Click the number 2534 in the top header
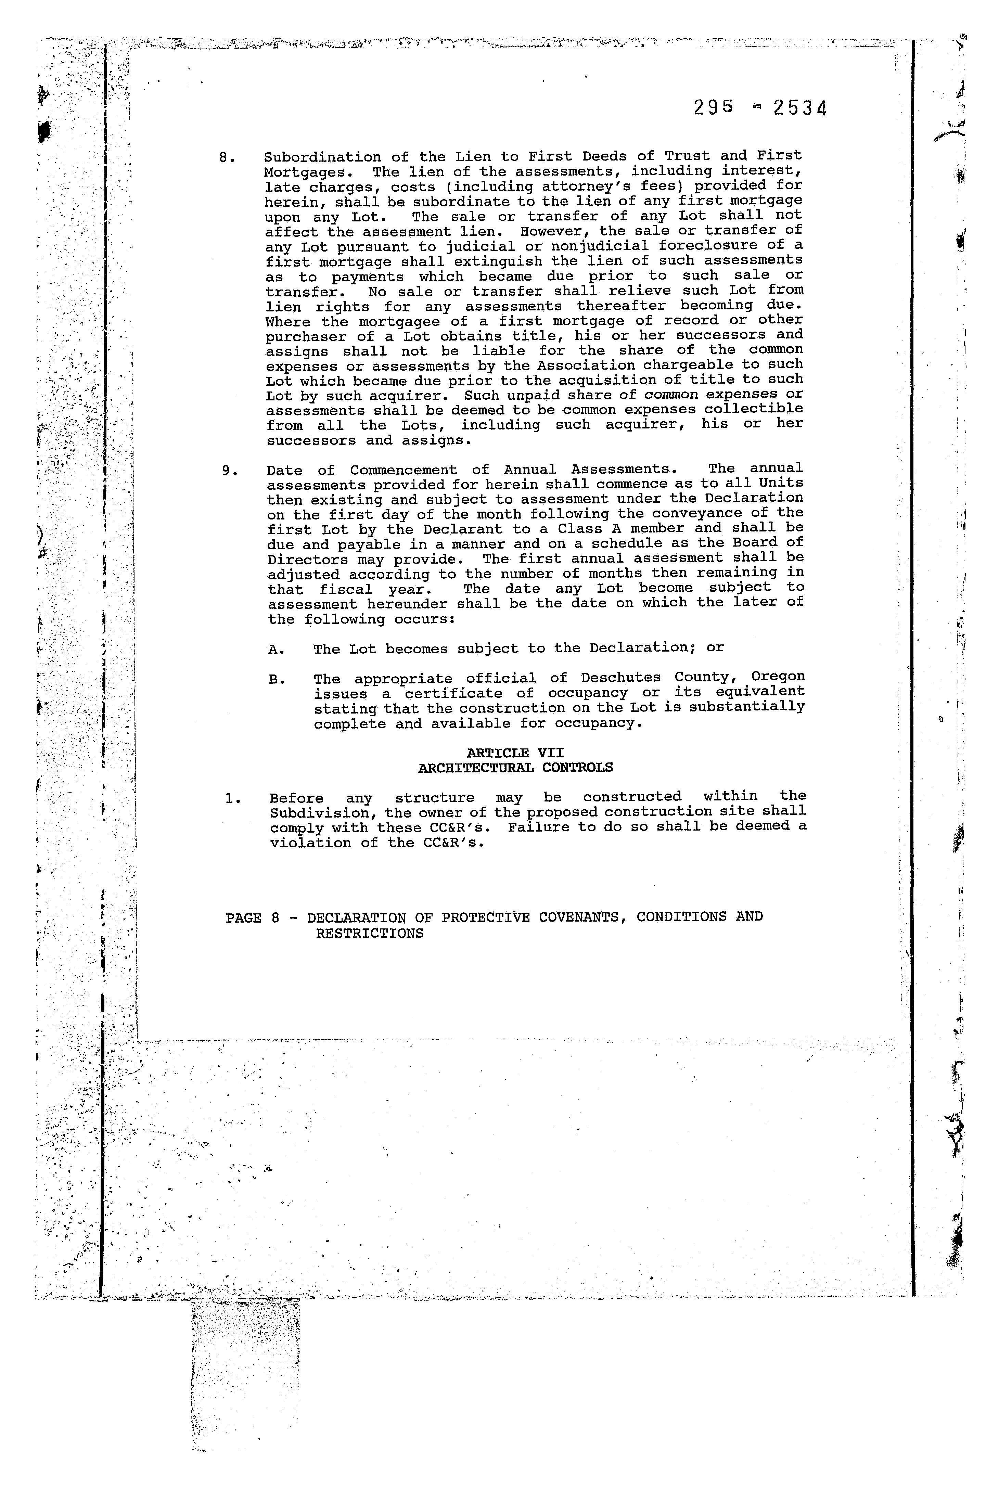799,109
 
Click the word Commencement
403,470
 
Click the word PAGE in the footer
243,918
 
